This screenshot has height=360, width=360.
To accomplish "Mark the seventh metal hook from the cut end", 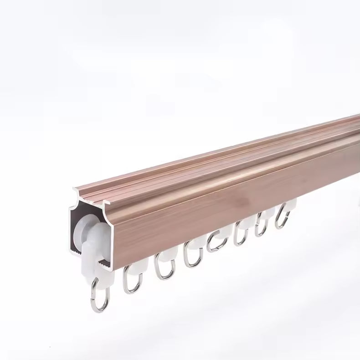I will pos(261,227).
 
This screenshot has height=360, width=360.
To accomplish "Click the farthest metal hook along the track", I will pos(283,218).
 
